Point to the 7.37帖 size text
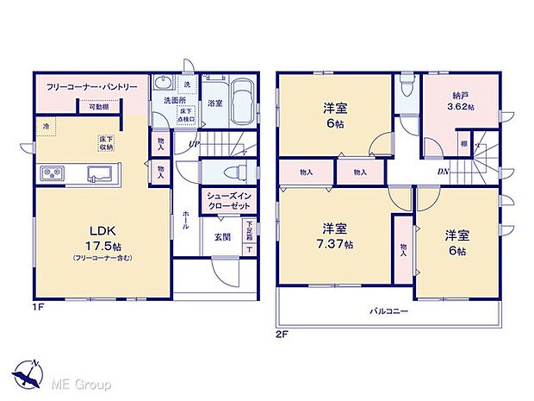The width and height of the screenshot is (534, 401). [335, 245]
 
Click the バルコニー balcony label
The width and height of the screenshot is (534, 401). [390, 310]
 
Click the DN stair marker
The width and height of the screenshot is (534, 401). [441, 171]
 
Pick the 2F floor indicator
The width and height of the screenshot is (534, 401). [281, 333]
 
